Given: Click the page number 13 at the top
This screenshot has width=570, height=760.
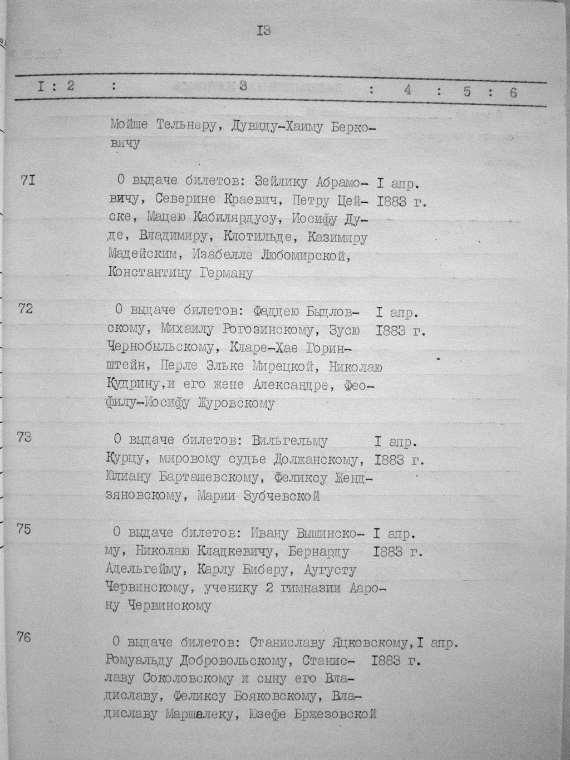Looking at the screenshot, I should pos(263,31).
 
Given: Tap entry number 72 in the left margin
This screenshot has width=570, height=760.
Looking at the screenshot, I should pos(26,308).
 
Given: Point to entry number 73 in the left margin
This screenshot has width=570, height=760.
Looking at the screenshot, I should pos(24,437).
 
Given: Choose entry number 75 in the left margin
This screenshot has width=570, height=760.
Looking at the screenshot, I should pos(24,529).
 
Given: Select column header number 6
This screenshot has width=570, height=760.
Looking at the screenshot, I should pos(513,92).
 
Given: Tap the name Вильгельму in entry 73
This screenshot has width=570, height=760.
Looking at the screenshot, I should pos(290,442).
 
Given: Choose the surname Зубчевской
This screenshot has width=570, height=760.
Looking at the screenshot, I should pos(279,496).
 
